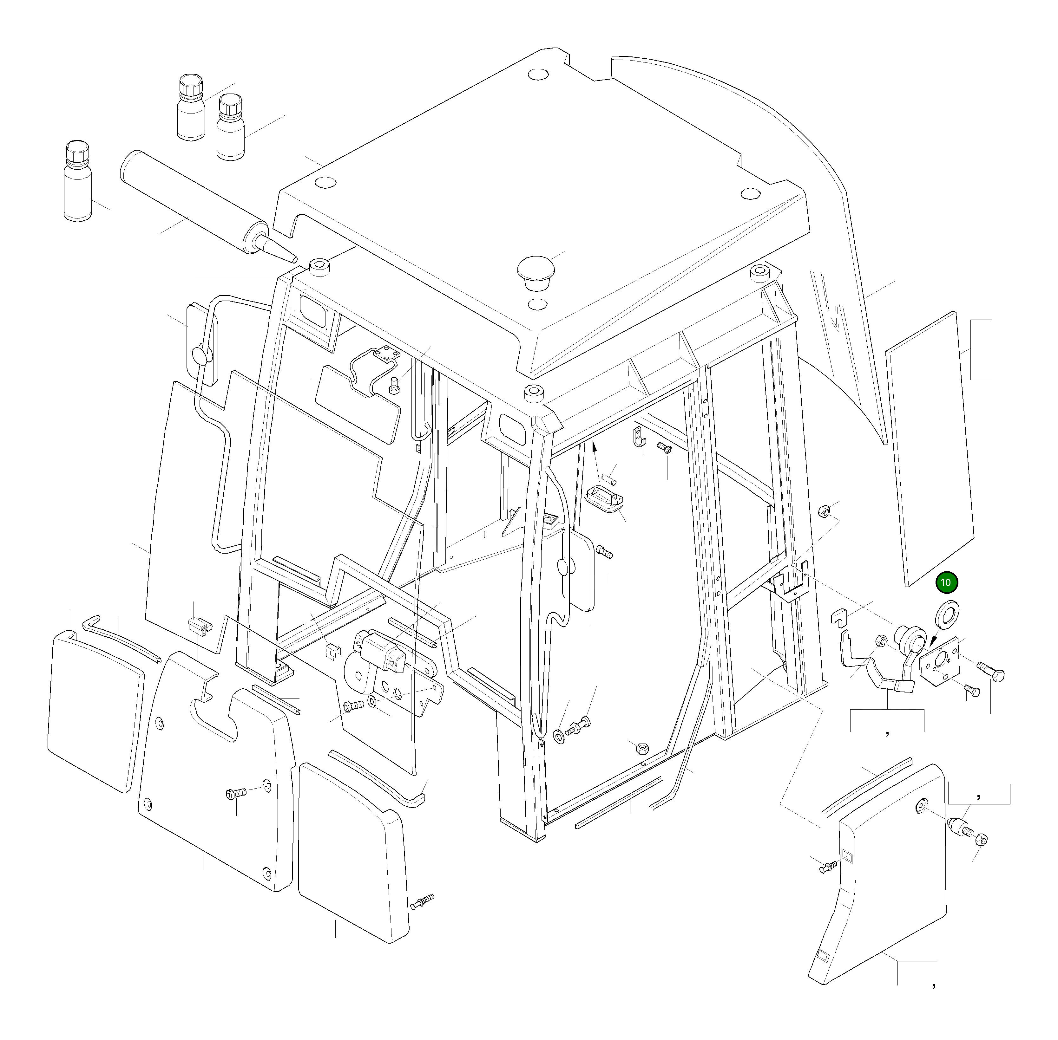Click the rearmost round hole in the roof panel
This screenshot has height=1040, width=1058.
538,74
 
